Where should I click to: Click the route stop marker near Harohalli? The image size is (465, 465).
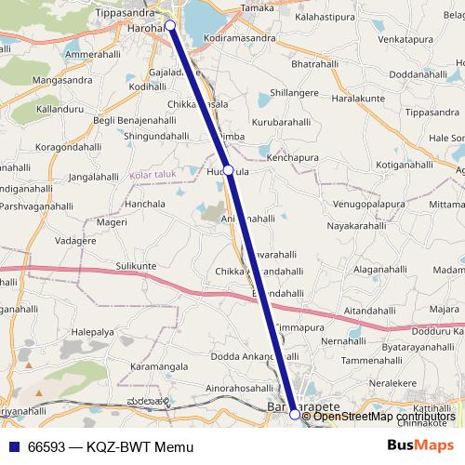coord(170,27)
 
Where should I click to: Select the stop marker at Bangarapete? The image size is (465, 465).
coord(295,415)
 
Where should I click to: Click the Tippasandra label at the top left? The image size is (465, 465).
coord(126,14)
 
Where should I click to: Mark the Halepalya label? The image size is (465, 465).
coord(92,331)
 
